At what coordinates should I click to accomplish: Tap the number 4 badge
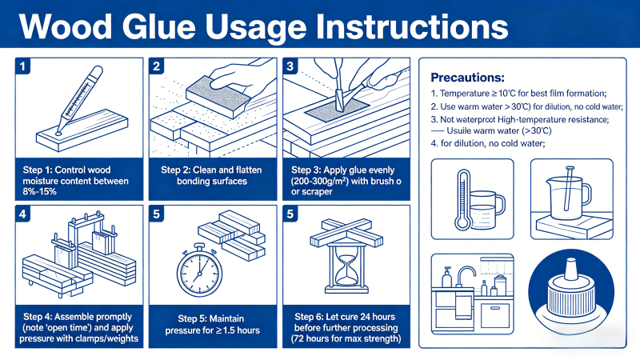(25, 215)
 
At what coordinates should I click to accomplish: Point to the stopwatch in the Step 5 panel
(194, 263)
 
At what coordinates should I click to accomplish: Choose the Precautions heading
(467, 78)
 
